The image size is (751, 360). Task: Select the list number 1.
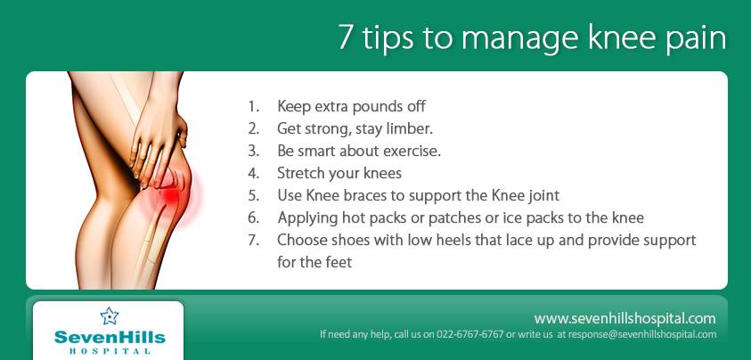(253, 106)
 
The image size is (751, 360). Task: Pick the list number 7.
(253, 241)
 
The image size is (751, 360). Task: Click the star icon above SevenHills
(110, 316)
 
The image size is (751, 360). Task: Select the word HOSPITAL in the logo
(110, 350)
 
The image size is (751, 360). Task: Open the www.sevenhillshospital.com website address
(625, 319)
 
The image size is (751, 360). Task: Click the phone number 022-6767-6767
(469, 334)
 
